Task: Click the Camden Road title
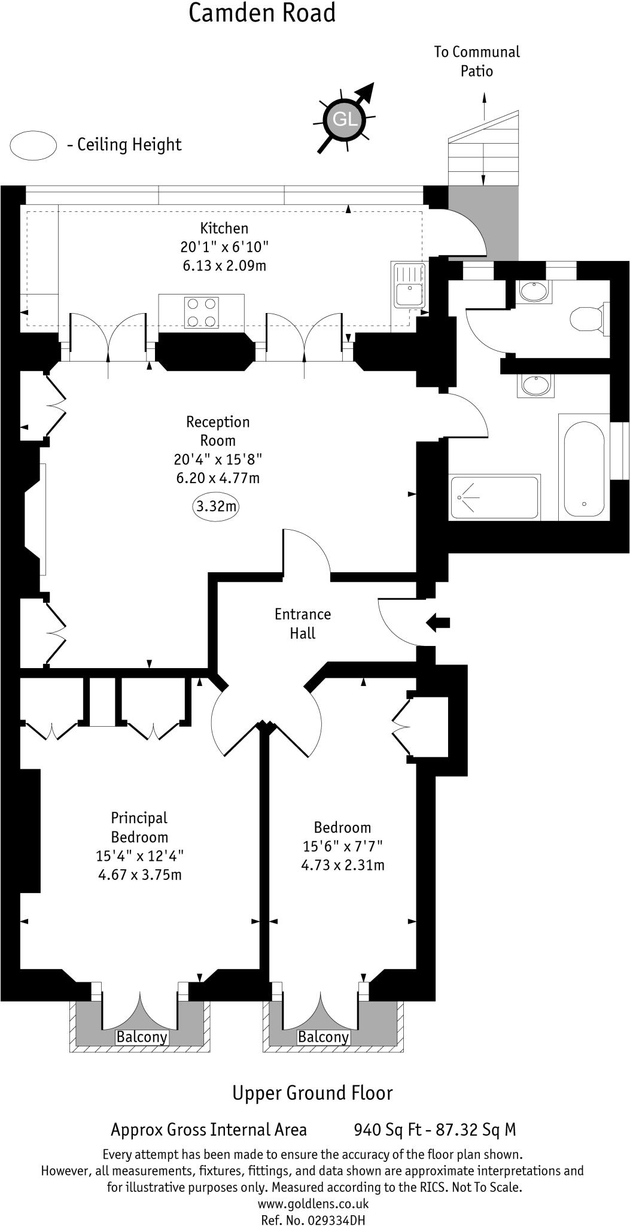262,13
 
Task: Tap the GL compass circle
345,119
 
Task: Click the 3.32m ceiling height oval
216,506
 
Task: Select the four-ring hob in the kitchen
202,312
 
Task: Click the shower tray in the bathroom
494,497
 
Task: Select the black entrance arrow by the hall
438,623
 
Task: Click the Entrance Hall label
302,624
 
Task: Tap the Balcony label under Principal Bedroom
142,1037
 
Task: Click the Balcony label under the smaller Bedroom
323,1037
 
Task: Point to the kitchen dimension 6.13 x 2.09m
224,265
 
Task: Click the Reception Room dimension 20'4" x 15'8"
218,459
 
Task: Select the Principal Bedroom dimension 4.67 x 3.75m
139,875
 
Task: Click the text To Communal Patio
477,61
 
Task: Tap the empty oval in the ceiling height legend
34,145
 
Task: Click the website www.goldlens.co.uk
313,1203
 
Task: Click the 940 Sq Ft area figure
386,1130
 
